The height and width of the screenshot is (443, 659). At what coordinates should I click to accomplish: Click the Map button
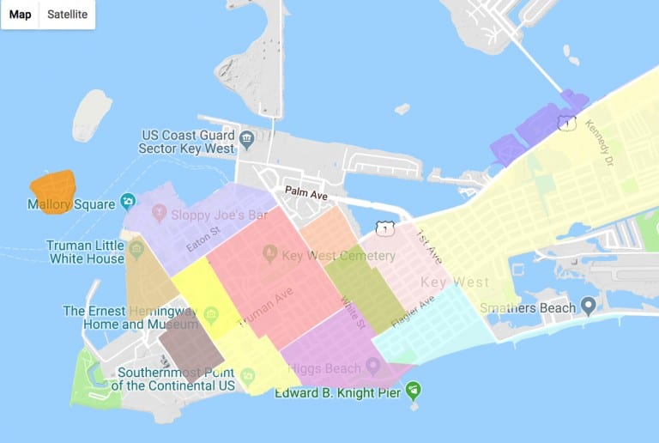coord(21,15)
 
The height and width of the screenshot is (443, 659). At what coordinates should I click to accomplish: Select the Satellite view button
coord(67,15)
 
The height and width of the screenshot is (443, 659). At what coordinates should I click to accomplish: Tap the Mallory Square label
coord(71,204)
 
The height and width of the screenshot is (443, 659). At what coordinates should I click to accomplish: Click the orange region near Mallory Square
coord(52,187)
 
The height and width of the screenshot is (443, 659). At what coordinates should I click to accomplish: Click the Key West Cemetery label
coord(340,256)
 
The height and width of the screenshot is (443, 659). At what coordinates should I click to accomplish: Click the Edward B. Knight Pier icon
coord(414,392)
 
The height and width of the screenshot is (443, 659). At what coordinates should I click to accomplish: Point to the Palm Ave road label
coord(307,196)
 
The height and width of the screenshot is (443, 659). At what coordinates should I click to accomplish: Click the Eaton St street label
coord(205,238)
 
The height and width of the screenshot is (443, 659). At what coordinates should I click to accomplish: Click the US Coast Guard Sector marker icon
coord(246,137)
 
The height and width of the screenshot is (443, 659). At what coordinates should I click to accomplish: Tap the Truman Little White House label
coord(86,252)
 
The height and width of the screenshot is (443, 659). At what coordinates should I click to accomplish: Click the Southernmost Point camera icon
coord(248,376)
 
